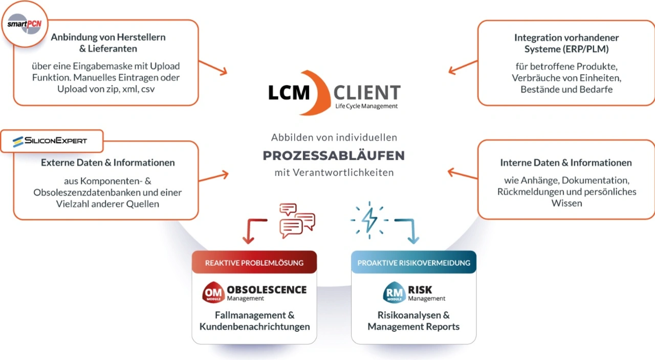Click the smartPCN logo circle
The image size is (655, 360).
(x=25, y=24)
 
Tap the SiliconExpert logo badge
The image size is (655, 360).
(x=51, y=141)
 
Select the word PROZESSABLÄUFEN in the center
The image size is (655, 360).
(x=334, y=155)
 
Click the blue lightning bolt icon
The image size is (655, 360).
(x=369, y=219)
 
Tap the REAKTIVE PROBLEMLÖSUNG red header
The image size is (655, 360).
(x=254, y=263)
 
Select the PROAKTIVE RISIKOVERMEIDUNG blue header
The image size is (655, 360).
(x=413, y=263)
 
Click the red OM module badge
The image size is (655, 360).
(x=213, y=292)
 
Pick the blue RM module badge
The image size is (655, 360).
(x=394, y=292)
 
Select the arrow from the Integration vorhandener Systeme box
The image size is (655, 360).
(x=463, y=67)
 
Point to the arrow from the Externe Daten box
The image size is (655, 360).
(x=213, y=176)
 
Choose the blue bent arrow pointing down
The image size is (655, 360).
(x=409, y=230)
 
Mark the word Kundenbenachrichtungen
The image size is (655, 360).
(x=254, y=327)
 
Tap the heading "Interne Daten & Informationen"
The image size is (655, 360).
(x=566, y=163)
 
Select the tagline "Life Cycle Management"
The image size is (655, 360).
(x=366, y=106)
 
